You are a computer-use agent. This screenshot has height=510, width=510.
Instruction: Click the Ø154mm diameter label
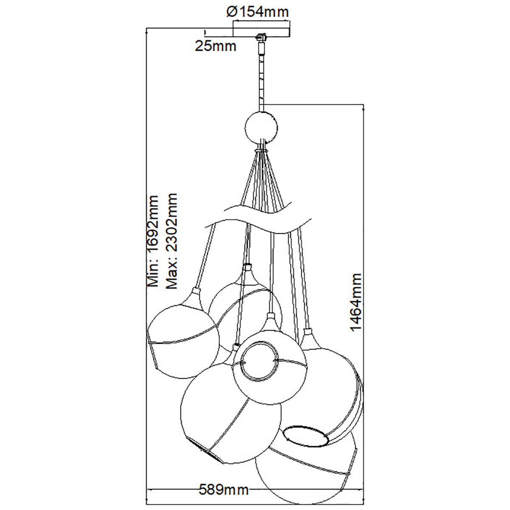click(x=257, y=12)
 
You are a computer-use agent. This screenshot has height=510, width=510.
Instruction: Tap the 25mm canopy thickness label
click(x=215, y=46)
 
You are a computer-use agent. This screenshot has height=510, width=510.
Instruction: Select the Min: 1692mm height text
click(x=153, y=241)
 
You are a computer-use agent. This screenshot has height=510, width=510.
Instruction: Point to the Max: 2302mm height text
click(x=171, y=241)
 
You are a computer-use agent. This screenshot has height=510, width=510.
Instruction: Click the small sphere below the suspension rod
click(x=261, y=128)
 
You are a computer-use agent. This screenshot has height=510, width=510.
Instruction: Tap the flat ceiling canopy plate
click(x=261, y=31)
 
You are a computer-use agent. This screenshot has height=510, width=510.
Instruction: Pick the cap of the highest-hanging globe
click(x=247, y=267)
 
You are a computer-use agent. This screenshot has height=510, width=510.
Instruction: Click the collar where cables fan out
click(x=261, y=150)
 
